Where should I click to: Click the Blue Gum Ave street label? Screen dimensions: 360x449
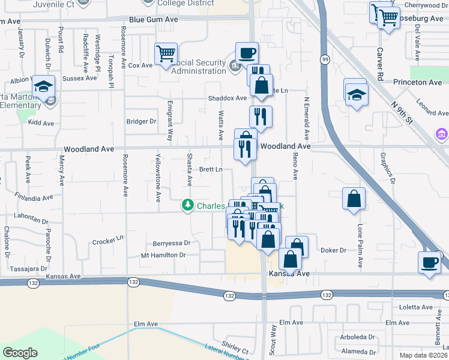(x=154, y=20)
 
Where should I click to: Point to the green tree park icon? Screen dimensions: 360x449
(x=188, y=206)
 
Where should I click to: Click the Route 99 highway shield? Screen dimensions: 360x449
(x=325, y=59)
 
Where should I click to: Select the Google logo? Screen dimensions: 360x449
(x=20, y=353)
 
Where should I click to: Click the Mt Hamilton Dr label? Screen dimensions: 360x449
(x=163, y=255)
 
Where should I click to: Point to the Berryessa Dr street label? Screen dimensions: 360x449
(x=172, y=243)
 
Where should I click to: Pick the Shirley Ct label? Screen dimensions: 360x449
(x=235, y=348)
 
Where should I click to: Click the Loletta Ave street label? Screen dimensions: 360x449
(x=416, y=307)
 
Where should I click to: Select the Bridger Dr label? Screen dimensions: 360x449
(x=141, y=121)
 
